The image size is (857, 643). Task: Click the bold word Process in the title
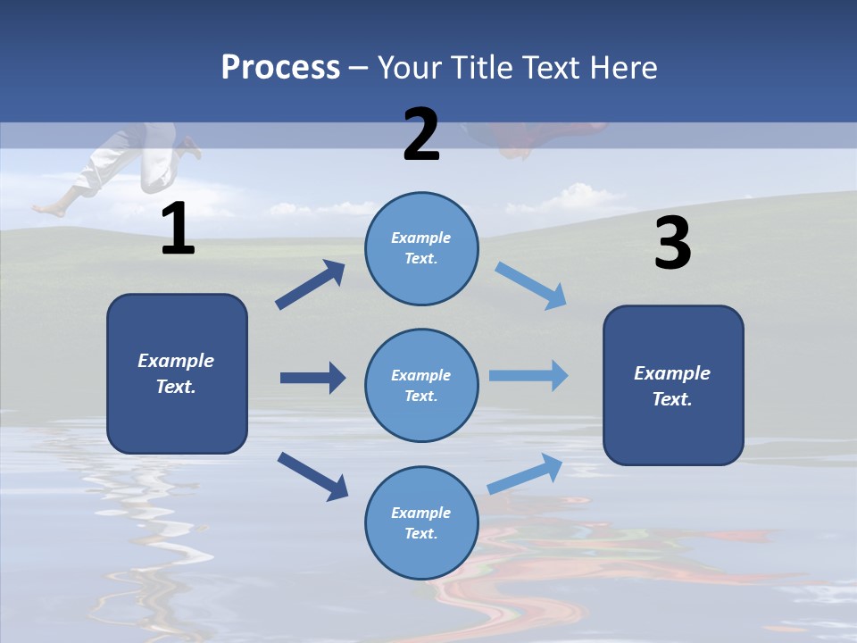click(280, 67)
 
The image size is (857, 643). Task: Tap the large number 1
click(178, 230)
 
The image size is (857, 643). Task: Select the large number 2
click(421, 135)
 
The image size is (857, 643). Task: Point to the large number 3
click(672, 245)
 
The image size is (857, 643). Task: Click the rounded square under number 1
click(177, 373)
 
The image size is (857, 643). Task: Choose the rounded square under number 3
click(673, 385)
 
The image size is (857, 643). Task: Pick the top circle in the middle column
click(421, 248)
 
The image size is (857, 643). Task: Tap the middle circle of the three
click(421, 385)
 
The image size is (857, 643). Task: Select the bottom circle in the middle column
click(421, 522)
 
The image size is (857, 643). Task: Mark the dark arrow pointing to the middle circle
click(312, 378)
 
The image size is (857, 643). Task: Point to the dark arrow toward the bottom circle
click(312, 476)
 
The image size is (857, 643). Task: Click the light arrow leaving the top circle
click(530, 286)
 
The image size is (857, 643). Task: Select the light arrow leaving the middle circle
click(528, 376)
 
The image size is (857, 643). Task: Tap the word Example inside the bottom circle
click(420, 513)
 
